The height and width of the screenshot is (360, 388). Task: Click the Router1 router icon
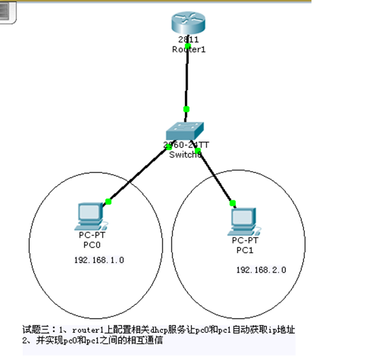coord(188,24)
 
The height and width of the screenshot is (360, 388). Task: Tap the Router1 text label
coord(188,49)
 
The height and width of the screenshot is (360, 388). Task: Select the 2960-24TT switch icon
coord(187,132)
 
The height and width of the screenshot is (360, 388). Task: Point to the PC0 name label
coord(90,246)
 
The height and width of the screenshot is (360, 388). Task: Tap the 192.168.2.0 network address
coord(261,270)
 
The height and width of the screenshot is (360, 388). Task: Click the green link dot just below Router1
coord(188,47)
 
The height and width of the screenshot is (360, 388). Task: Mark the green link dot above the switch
coord(186,109)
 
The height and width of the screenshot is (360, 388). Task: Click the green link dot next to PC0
coord(109,202)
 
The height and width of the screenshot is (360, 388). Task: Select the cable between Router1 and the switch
coord(187,78)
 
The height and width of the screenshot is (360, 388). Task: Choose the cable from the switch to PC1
coord(215,176)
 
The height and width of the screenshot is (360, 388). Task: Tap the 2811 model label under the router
coord(188,40)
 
